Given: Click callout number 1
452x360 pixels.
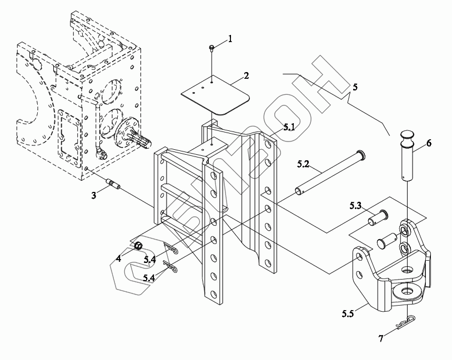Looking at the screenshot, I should [x=230, y=39].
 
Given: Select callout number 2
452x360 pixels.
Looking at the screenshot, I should [x=246, y=75].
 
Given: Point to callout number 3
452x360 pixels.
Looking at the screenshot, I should [x=94, y=195].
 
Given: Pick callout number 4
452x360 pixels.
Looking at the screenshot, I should [x=118, y=258].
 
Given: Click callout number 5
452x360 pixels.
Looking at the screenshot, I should [x=355, y=87].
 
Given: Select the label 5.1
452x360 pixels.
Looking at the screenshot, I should [x=289, y=127].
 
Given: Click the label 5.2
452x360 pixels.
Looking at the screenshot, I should [x=303, y=164].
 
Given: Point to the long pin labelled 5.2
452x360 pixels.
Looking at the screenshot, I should [x=328, y=173].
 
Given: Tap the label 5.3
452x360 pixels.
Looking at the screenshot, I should [x=356, y=206].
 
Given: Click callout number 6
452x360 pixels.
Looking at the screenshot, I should [x=429, y=143].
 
